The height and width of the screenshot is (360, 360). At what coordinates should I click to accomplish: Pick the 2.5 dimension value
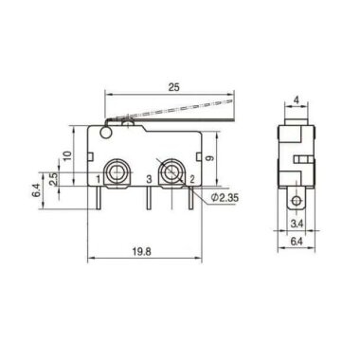(x=53, y=178)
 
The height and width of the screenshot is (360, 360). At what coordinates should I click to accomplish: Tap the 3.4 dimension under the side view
(x=296, y=225)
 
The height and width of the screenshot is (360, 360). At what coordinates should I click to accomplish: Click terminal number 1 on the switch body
(x=98, y=177)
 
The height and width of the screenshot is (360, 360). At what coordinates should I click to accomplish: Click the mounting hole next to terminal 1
(x=116, y=171)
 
